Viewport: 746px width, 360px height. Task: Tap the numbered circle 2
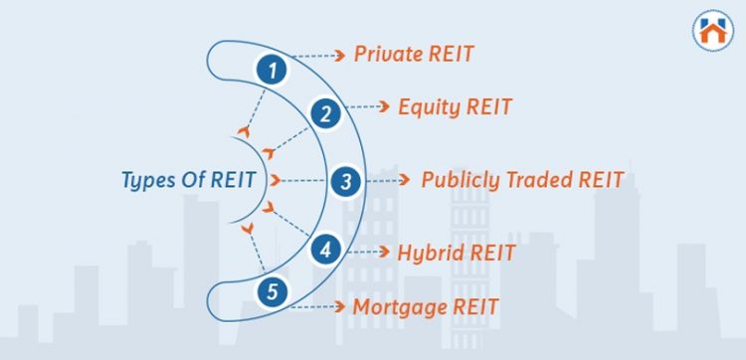[323, 114]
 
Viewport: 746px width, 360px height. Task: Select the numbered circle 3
[345, 181]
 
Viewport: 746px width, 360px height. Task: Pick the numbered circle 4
[324, 249]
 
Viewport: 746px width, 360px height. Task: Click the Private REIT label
[414, 54]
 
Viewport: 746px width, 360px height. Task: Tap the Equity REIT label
[454, 105]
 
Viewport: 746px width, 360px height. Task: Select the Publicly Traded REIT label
[522, 180]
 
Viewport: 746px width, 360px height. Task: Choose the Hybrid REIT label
[456, 253]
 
